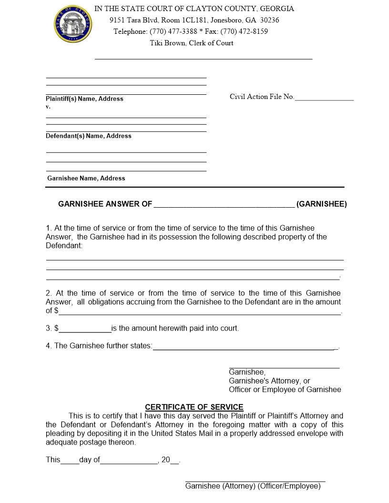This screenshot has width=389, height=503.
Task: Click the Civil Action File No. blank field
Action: (x=324, y=98)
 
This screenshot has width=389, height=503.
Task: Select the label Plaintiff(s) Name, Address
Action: (x=84, y=99)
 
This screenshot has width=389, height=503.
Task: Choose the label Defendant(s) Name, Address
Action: (x=89, y=136)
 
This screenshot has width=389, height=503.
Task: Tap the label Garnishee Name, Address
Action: (x=86, y=178)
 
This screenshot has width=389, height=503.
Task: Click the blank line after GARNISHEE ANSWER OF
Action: (x=224, y=205)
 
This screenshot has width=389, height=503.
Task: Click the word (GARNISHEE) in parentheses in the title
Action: (x=322, y=204)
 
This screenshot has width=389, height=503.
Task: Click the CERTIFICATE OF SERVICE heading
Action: (x=194, y=407)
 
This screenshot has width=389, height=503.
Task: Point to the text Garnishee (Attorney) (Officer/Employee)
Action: (x=253, y=486)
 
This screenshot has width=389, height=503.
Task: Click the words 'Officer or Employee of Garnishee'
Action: (x=285, y=390)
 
